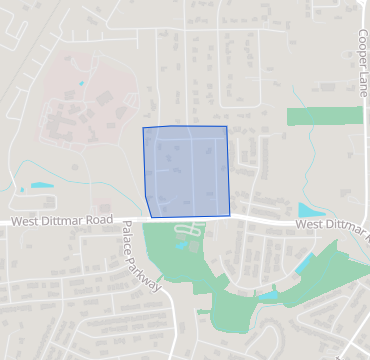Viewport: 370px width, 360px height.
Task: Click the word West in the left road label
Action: [x=29, y=222]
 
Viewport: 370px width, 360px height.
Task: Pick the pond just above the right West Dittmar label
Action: [x=309, y=210]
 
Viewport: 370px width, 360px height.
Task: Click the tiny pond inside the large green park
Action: [x=181, y=244]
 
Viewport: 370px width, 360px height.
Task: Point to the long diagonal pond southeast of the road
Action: [x=304, y=263]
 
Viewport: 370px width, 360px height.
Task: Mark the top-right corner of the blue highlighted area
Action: [x=226, y=127]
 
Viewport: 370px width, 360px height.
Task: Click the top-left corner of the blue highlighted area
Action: [x=143, y=129]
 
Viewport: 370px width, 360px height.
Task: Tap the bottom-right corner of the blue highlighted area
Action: [x=230, y=214]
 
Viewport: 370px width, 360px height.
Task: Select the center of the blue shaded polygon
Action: [x=187, y=171]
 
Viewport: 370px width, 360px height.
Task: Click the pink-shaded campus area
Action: [x=75, y=115]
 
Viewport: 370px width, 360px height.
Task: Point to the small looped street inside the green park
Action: [x=190, y=232]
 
